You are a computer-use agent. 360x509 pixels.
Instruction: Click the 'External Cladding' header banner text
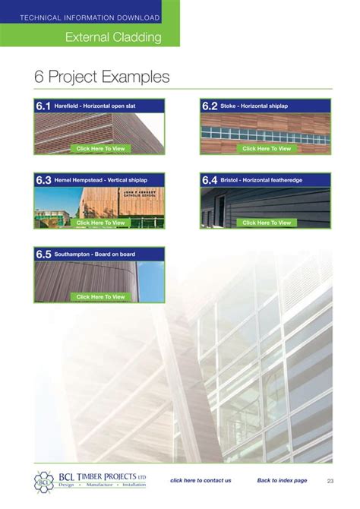point(113,36)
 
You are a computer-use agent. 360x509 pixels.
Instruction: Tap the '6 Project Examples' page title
point(102,77)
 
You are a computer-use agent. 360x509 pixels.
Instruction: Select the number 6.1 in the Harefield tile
point(43,106)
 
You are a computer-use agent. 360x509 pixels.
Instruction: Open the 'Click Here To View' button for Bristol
point(267,223)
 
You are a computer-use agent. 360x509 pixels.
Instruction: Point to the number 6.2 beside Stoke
point(210,106)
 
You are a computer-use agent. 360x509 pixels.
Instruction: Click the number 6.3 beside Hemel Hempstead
point(43,181)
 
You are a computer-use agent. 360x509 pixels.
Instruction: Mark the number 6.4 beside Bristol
point(210,181)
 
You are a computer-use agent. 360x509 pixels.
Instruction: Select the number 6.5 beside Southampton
point(43,254)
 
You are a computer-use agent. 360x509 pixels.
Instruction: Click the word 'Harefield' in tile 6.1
point(68,106)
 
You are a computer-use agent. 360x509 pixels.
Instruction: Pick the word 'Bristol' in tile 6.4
point(230,181)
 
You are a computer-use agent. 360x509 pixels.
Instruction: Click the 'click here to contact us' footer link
point(201,480)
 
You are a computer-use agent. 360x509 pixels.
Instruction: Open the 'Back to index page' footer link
point(282,480)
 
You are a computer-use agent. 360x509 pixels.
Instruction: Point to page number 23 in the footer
point(330,480)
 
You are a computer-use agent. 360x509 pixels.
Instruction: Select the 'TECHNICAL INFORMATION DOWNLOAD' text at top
point(90,17)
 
